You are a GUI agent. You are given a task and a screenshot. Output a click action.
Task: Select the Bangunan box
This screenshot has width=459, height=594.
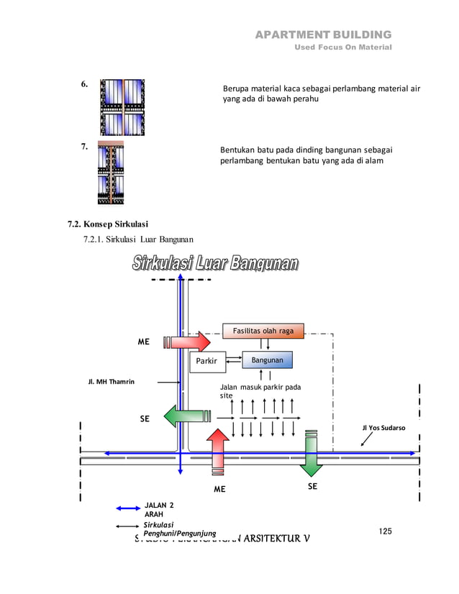tap(266, 360)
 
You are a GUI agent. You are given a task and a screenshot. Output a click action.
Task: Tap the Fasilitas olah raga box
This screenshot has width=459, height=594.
tap(263, 331)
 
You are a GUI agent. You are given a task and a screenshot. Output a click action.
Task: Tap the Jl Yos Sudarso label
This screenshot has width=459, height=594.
tap(383, 428)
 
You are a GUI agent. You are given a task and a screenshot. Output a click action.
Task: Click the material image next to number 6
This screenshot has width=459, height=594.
tap(122, 107)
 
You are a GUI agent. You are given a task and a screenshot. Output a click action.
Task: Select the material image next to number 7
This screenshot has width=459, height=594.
tap(111, 173)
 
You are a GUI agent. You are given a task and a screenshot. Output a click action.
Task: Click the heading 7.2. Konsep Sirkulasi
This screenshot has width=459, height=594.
tap(107, 225)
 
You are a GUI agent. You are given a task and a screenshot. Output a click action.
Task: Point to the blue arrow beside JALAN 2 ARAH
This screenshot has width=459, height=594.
tap(128, 508)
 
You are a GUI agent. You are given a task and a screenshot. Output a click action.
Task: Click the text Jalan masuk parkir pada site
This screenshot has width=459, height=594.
tap(260, 391)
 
